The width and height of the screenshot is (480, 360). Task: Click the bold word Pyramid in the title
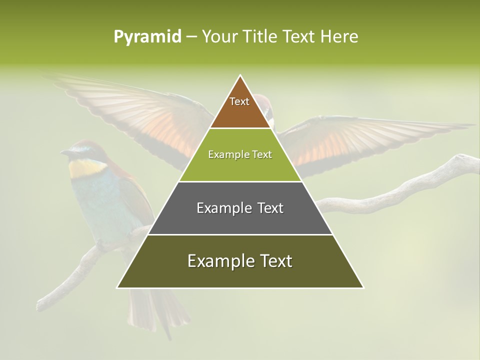point(147,36)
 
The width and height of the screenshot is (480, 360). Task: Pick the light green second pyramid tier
point(240,165)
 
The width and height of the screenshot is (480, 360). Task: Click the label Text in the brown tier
point(239,101)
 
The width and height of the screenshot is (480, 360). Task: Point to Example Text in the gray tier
point(240,208)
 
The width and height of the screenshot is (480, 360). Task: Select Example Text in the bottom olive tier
point(240,261)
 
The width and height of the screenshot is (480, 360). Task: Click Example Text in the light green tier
point(240,154)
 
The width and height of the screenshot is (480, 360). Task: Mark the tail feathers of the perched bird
point(155,310)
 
